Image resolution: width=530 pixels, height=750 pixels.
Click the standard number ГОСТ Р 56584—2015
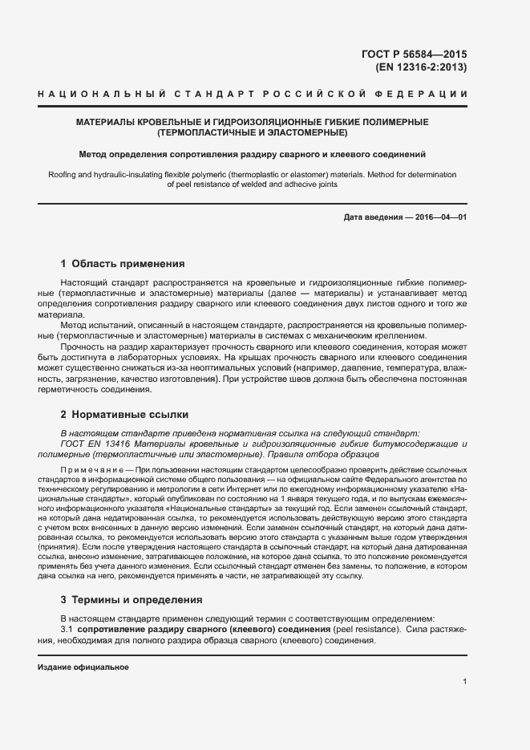point(415,54)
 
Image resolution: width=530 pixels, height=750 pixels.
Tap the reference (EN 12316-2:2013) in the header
point(421,67)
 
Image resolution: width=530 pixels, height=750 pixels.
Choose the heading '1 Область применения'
point(123,263)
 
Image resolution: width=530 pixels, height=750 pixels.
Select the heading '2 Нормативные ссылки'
point(124,415)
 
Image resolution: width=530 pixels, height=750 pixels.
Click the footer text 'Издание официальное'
point(83,667)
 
